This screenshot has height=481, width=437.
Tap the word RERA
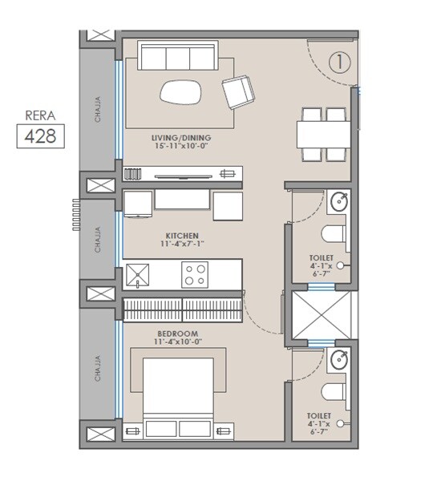tap(40, 114)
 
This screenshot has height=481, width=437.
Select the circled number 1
tap(340, 61)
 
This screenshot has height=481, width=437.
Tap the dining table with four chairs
tap(322, 132)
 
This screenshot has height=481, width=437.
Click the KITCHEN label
tap(183, 236)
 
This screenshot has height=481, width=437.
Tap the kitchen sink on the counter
tap(138, 276)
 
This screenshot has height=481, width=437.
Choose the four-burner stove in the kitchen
tap(194, 276)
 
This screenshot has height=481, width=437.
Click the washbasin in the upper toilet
tap(340, 203)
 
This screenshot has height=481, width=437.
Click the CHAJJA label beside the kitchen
tap(98, 240)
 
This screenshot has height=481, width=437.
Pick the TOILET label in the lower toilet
tap(318, 417)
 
